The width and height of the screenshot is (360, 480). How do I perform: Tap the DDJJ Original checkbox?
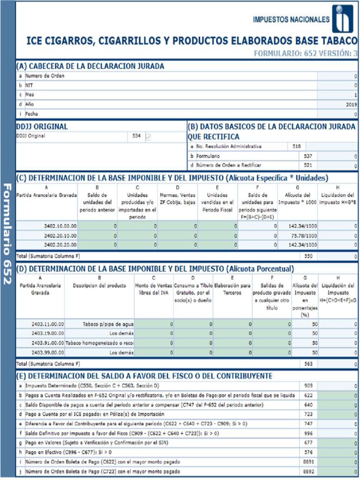tap(149, 136)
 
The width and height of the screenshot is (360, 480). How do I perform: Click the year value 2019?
tap(351, 104)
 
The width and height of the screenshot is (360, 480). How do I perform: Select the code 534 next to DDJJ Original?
tap(136, 136)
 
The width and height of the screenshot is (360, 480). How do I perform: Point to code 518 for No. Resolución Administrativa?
tap(296, 146)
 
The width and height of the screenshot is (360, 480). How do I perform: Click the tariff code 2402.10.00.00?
tap(60, 225)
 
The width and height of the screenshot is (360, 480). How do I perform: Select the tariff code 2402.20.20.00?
tap(60, 245)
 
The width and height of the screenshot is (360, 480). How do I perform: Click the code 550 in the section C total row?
tap(308, 256)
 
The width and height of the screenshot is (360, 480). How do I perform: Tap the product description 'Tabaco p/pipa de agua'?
tap(108, 324)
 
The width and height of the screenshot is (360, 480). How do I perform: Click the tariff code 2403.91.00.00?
tap(47, 343)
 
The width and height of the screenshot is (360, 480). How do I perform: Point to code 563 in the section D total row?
tap(308, 363)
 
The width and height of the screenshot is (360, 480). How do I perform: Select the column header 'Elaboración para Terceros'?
tap(232, 289)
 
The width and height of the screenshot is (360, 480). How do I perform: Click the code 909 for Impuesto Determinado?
tap(308, 385)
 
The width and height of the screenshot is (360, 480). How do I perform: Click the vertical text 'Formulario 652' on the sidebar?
tap(7, 233)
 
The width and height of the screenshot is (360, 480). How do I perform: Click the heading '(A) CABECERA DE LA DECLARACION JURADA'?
tap(90, 66)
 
